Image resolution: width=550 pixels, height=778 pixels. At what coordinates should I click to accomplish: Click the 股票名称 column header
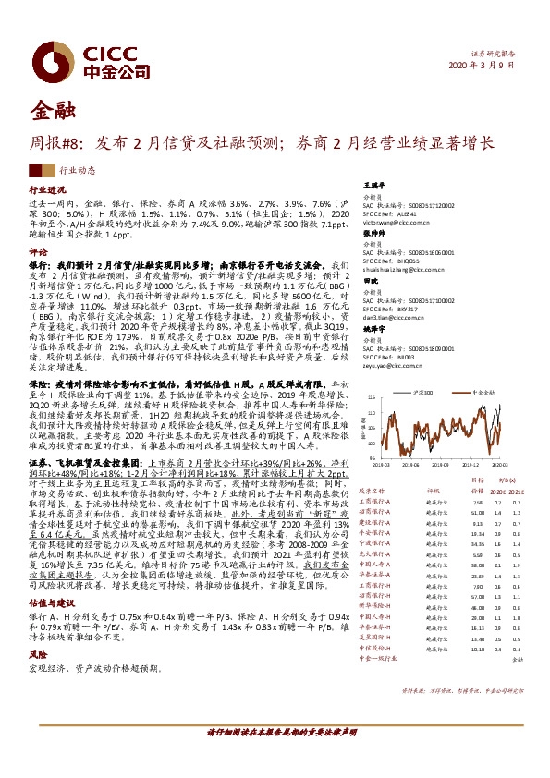[373, 491]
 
